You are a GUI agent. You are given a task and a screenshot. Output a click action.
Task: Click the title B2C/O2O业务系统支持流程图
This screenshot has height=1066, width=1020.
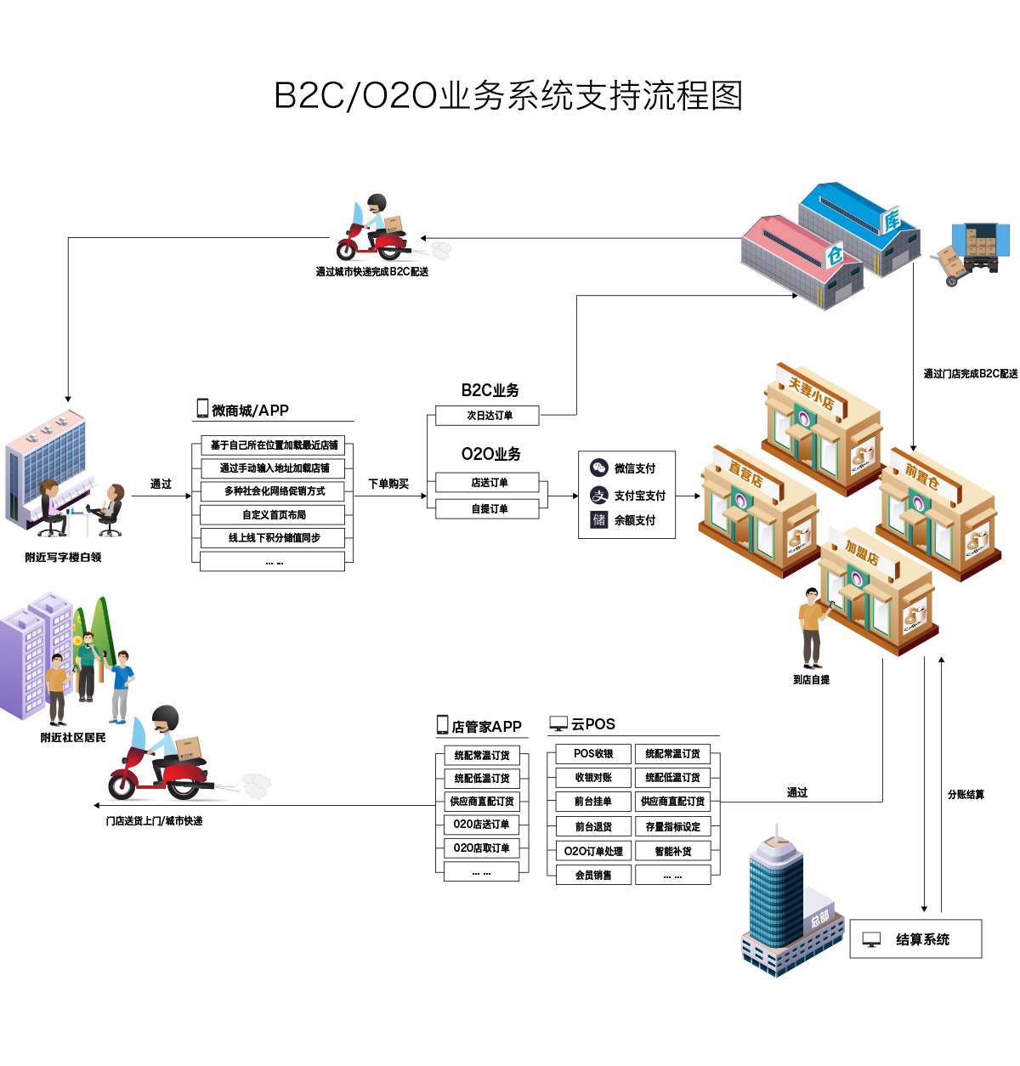pos(508,95)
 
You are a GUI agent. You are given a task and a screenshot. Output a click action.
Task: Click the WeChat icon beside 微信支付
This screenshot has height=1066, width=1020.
pos(599,468)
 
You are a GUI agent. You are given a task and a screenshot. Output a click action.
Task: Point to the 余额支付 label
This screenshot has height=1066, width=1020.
pos(635,520)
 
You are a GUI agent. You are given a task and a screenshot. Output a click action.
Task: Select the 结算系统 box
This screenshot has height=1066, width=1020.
pos(915,939)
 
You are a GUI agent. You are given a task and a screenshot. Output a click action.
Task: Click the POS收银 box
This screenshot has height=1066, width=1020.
pos(593,754)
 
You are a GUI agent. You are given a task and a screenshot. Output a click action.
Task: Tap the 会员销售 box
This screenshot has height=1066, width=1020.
pos(593,875)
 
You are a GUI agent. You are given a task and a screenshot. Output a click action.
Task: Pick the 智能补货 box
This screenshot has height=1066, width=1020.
pos(672,851)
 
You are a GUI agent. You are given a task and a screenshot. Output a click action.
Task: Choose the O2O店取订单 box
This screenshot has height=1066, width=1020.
pos(481,848)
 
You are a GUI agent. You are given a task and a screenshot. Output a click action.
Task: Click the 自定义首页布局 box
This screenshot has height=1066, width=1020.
pos(273,514)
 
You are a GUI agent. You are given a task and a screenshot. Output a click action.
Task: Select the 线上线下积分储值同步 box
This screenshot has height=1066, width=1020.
pos(273,537)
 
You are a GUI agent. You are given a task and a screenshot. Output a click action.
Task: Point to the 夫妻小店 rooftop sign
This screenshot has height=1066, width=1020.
pos(811,393)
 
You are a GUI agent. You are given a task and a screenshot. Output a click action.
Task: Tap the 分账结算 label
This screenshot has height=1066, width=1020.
pos(966,795)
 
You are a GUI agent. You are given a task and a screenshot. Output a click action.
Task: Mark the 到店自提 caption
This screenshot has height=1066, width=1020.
pos(811,680)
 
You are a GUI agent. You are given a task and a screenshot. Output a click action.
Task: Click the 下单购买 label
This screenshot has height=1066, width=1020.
pos(388,484)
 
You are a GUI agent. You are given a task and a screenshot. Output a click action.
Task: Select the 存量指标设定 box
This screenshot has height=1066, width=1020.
pos(672,826)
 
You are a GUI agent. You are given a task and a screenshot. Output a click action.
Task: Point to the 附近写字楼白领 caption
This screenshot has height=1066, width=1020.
pos(63,558)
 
